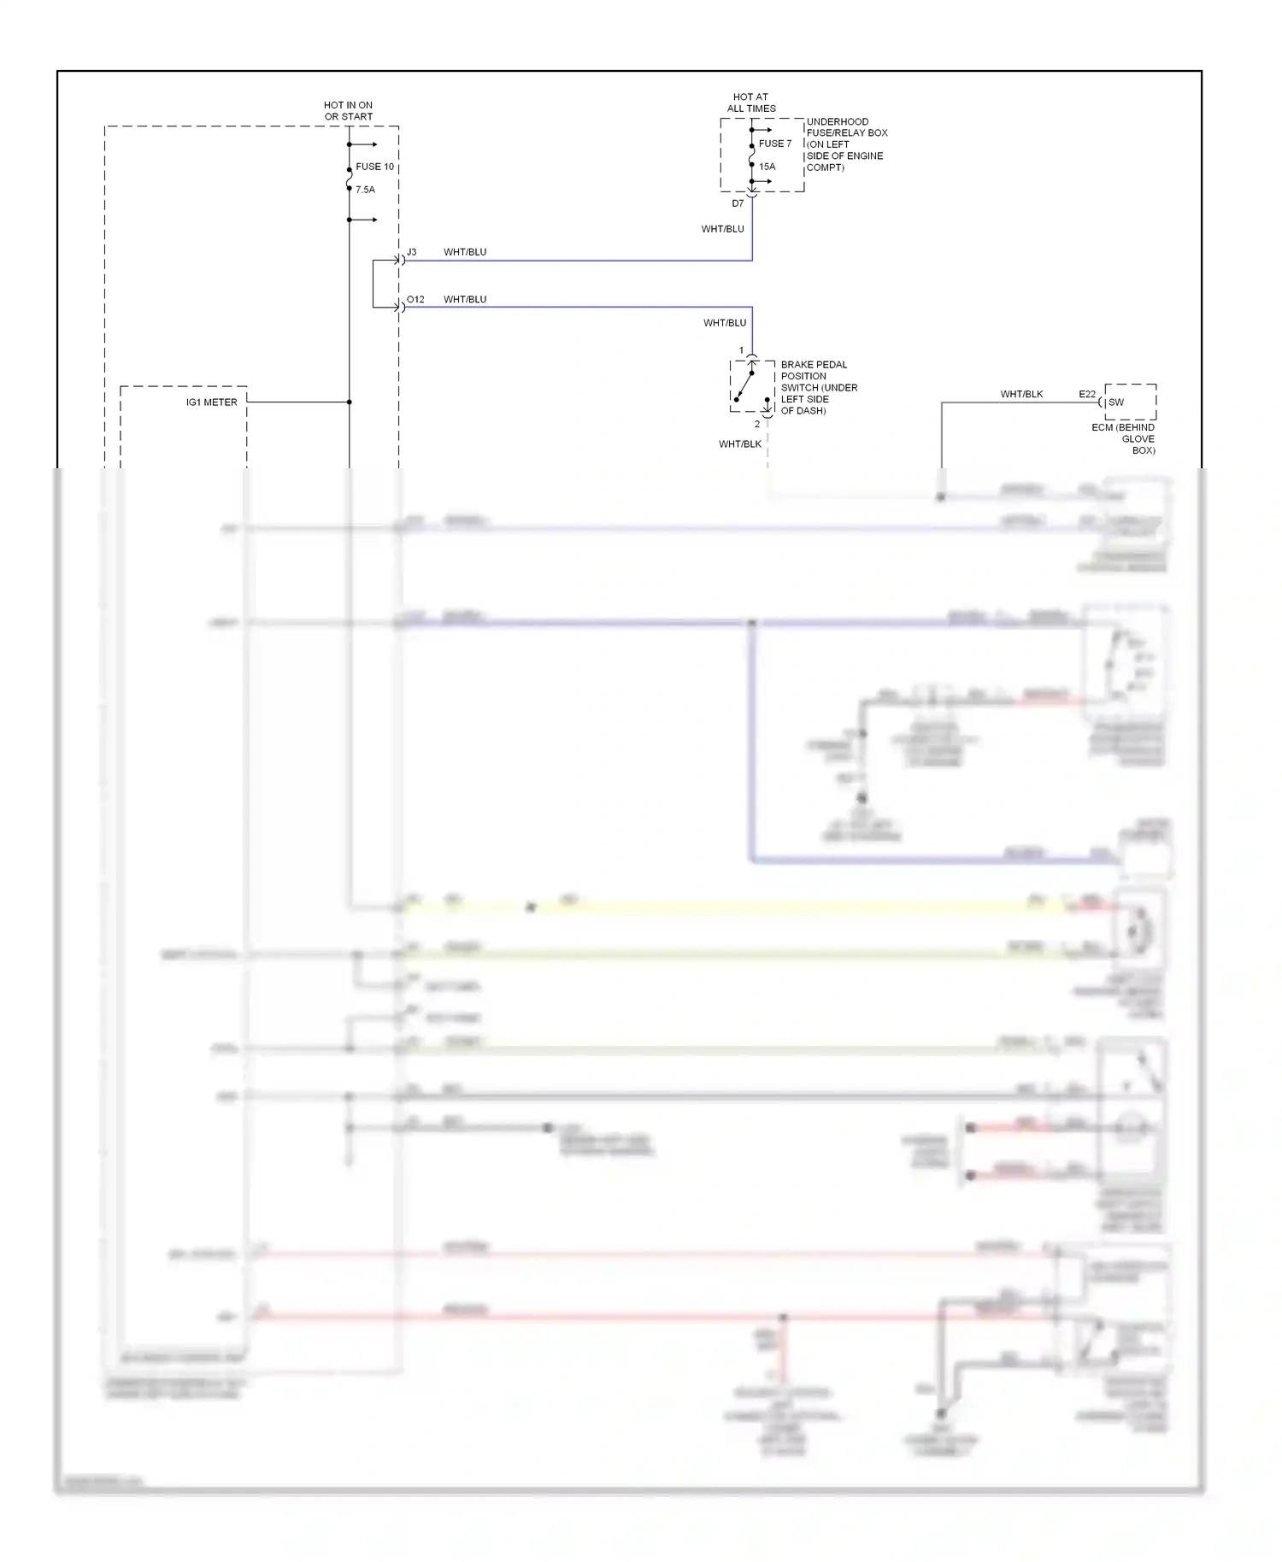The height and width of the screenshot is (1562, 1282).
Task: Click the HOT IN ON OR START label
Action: point(348,111)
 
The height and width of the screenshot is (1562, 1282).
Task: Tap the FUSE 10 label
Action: point(374,167)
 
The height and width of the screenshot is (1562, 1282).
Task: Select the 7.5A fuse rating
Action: point(365,190)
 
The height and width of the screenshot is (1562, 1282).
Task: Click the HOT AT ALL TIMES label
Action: point(751,103)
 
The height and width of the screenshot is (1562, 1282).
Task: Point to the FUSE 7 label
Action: point(775,144)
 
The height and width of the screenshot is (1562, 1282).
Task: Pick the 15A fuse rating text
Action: point(767,167)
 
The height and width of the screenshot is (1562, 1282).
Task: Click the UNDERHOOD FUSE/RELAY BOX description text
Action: point(846,144)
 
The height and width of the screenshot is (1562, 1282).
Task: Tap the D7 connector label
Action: point(738,203)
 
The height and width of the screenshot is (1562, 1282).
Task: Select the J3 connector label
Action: point(411,252)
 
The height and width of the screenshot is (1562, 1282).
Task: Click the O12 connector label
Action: point(415,299)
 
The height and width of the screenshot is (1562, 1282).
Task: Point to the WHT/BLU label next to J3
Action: point(465,252)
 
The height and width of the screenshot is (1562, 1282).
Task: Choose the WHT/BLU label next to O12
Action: point(465,299)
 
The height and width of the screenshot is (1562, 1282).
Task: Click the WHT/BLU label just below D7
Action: point(722,229)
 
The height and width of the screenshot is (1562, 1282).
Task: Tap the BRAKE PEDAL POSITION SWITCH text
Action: point(819,387)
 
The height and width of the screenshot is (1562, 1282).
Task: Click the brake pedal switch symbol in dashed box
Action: point(751,386)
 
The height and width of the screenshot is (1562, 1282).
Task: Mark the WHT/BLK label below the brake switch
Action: point(739,444)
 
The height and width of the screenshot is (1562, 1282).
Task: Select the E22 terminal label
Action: point(1086,394)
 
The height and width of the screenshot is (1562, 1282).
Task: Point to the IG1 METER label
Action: point(211,402)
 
